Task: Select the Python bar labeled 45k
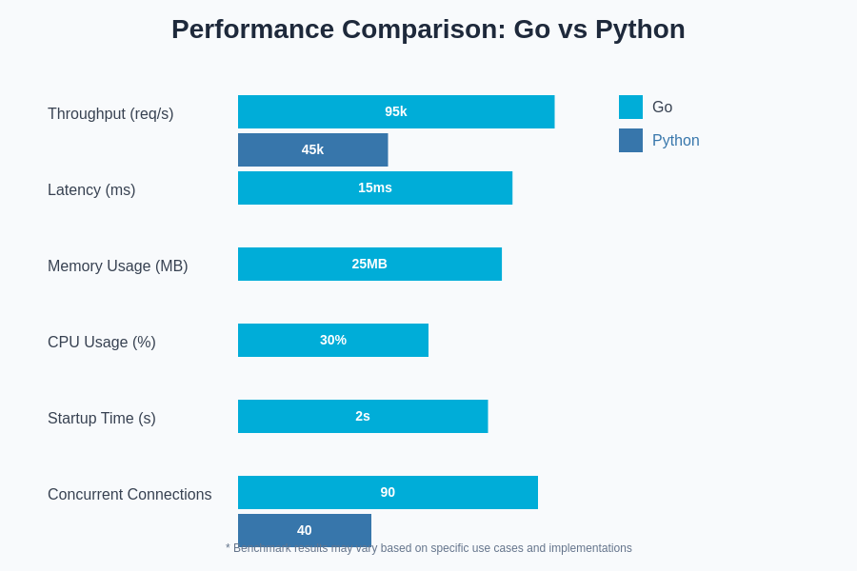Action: click(312, 149)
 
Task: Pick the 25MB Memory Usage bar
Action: click(369, 264)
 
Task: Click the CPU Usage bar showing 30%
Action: click(333, 340)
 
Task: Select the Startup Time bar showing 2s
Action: click(363, 416)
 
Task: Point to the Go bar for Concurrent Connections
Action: click(388, 492)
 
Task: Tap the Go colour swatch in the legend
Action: click(630, 107)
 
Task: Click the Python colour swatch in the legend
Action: click(630, 140)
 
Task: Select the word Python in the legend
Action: click(676, 141)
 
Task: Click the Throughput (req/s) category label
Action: click(110, 114)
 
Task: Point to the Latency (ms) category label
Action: click(91, 190)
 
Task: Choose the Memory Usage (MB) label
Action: click(118, 266)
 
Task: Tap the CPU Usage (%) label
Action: click(102, 343)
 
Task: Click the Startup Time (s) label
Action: click(102, 419)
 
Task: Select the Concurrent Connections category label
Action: click(130, 495)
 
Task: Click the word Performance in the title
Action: click(252, 30)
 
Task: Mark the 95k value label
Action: click(396, 111)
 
